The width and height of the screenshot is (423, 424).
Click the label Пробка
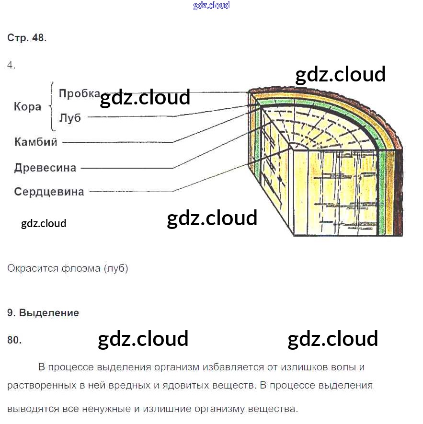(79, 93)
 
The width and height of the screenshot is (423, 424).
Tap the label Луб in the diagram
(70, 118)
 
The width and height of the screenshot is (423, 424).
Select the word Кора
(27, 106)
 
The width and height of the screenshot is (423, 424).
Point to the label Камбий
(36, 142)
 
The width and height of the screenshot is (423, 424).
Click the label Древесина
(45, 168)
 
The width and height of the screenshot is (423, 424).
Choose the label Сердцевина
(49, 192)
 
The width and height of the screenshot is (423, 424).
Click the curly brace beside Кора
(51, 106)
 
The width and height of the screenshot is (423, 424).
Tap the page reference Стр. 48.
(27, 38)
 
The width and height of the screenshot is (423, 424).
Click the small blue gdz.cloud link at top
(211, 6)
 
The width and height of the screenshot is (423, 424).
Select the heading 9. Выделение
(43, 313)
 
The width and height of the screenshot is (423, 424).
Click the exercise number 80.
(14, 340)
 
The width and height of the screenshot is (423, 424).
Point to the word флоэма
(80, 268)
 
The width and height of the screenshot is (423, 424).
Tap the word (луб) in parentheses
(115, 268)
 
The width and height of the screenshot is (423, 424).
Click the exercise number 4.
(11, 66)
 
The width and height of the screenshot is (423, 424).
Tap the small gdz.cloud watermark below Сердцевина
(44, 223)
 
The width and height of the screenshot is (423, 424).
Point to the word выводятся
(32, 409)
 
